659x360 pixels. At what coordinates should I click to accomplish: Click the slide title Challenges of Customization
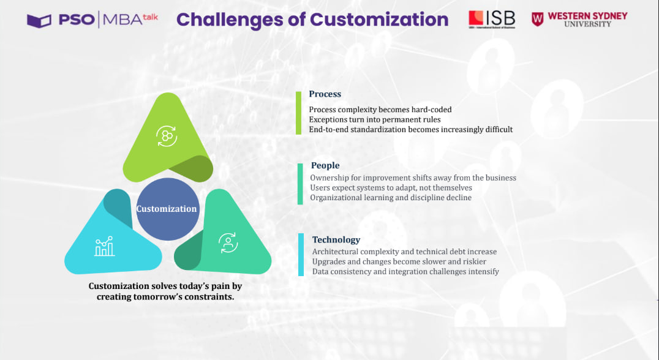pyautogui.click(x=312, y=20)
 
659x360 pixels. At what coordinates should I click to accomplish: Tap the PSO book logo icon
pyautogui.click(x=39, y=20)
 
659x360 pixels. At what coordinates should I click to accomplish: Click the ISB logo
pyautogui.click(x=491, y=19)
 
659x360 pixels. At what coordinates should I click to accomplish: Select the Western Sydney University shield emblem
pyautogui.click(x=537, y=19)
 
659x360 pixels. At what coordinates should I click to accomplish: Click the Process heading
pyautogui.click(x=325, y=94)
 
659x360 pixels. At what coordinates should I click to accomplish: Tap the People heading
pyautogui.click(x=325, y=165)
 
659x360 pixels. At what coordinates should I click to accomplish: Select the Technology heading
pyautogui.click(x=336, y=240)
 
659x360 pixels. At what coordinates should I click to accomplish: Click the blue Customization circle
pyautogui.click(x=167, y=209)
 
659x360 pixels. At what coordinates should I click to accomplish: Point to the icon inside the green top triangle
pyautogui.click(x=167, y=136)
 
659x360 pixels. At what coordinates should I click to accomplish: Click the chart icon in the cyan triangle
pyautogui.click(x=105, y=246)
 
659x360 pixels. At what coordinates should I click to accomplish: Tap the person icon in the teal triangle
pyautogui.click(x=228, y=243)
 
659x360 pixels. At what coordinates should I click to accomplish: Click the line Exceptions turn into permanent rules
pyautogui.click(x=374, y=119)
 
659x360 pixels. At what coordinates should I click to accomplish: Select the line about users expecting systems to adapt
pyautogui.click(x=391, y=187)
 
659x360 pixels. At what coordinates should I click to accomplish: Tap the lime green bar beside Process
pyautogui.click(x=299, y=113)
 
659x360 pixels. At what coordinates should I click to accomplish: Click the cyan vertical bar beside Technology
pyautogui.click(x=301, y=255)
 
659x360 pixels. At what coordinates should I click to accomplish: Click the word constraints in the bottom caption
pyautogui.click(x=206, y=297)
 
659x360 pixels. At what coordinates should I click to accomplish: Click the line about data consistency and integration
pyautogui.click(x=405, y=271)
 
